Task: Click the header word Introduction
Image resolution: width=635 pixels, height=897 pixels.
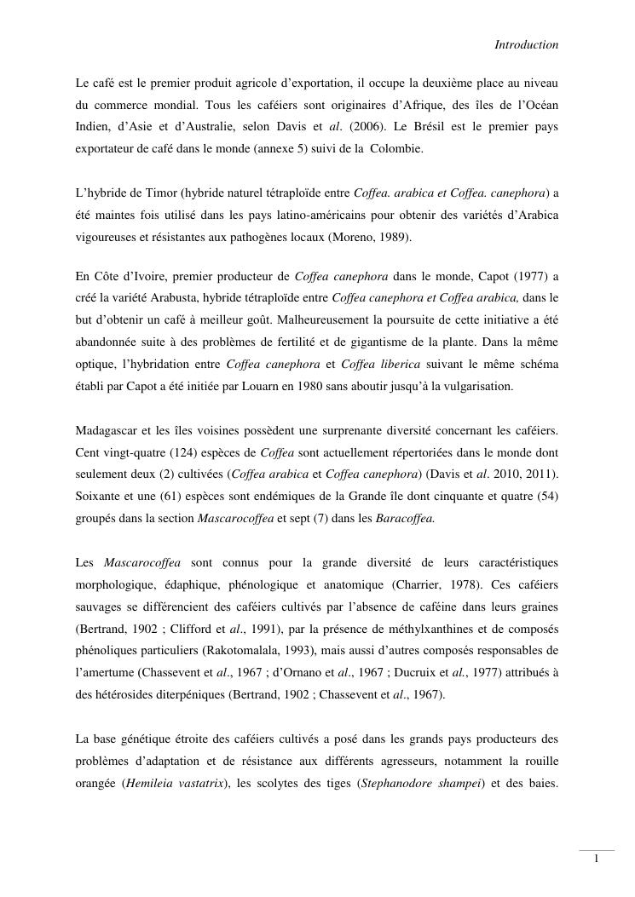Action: (526, 44)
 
